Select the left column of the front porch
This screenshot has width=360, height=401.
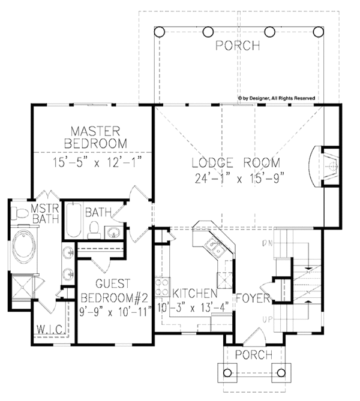point(227,372)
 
